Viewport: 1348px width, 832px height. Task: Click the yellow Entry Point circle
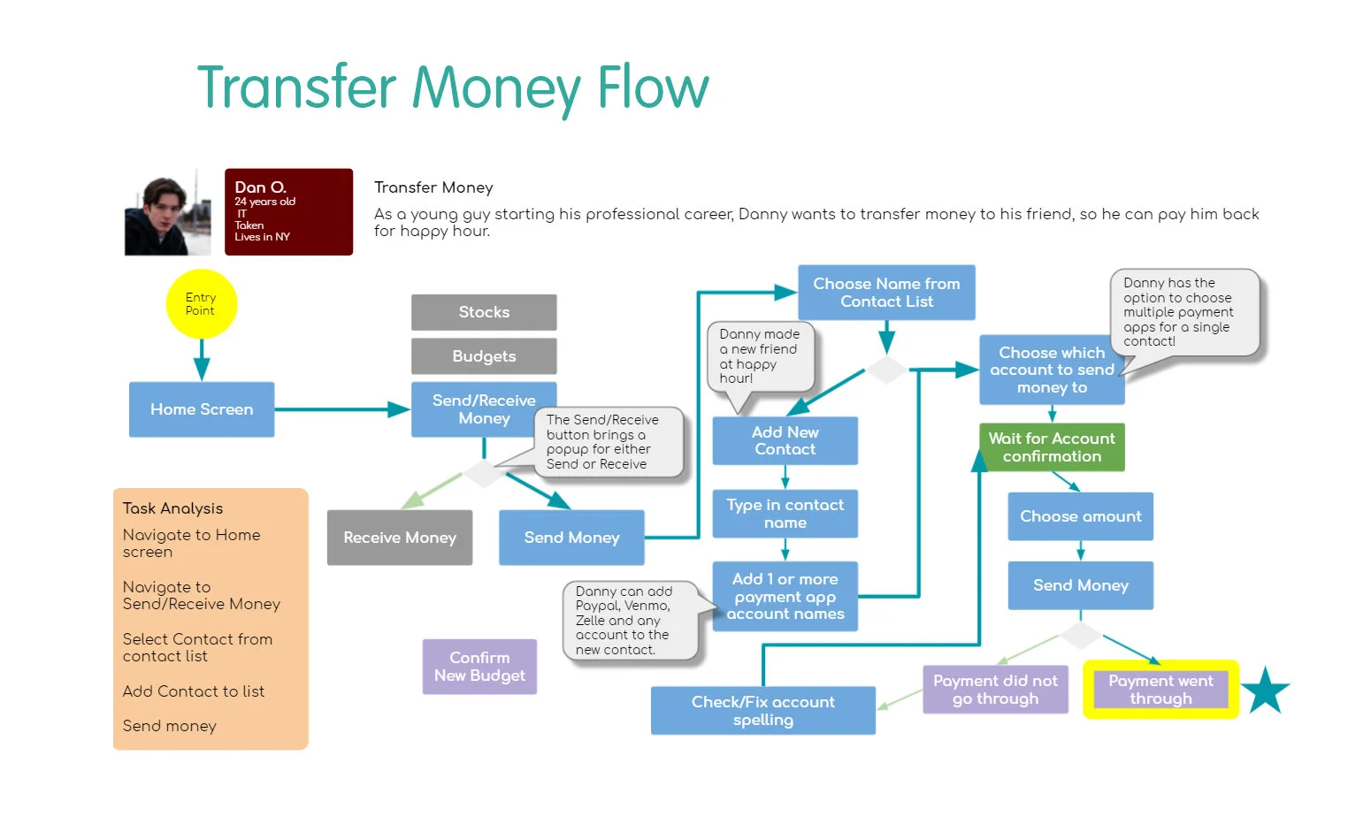[202, 304]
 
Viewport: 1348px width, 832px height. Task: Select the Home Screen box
[202, 409]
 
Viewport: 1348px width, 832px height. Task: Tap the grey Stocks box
[484, 312]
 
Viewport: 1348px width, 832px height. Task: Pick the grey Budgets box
[484, 356]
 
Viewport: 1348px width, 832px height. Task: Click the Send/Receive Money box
[484, 409]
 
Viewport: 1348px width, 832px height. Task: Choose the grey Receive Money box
[400, 538]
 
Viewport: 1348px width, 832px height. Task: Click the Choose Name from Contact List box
[886, 293]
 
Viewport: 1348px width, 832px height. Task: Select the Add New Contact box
[785, 441]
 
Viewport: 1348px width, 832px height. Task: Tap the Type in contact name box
[785, 514]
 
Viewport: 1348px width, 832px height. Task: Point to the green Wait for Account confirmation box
[1052, 447]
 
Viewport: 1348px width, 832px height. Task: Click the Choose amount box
[1081, 516]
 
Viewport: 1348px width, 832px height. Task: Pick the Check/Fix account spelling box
[763, 711]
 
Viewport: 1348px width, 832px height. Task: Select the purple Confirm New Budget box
[479, 667]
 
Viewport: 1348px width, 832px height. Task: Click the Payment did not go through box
[995, 690]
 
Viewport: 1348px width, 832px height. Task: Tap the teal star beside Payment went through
[1266, 691]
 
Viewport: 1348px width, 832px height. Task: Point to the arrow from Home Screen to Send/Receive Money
[342, 409]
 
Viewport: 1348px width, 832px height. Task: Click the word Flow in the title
[654, 88]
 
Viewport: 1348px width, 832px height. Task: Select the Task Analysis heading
[172, 509]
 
